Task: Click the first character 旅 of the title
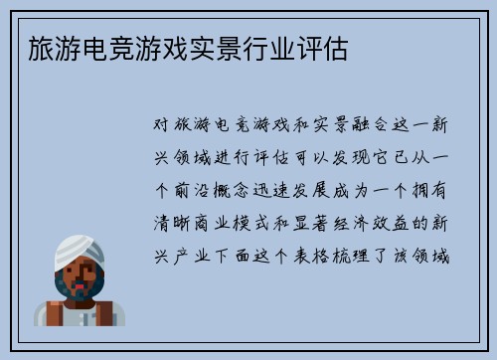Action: click(29, 47)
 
